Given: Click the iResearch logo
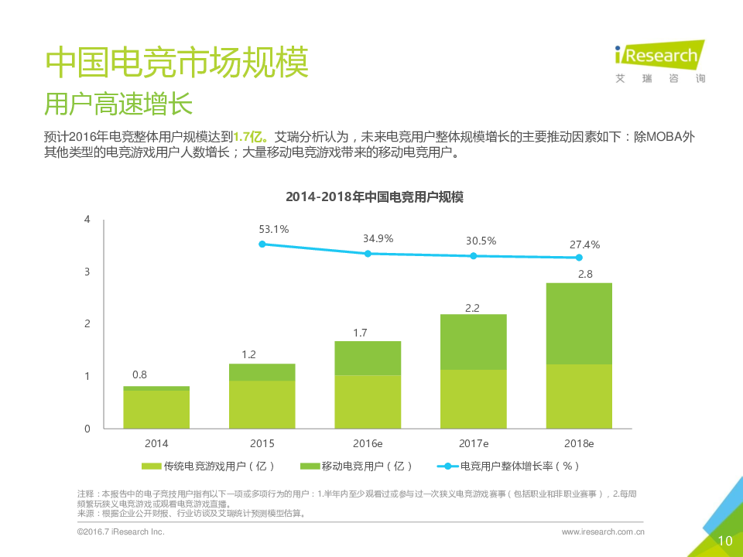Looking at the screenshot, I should coord(659,60).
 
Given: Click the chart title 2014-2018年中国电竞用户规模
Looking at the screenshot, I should coord(375,196).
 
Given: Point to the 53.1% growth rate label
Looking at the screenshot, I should coord(273,229).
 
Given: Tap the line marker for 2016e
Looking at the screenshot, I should coord(368,254).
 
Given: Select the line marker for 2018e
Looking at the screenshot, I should coord(579,258).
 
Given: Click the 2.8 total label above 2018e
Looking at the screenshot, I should coord(585,274).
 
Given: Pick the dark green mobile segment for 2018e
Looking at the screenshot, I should coord(579,323).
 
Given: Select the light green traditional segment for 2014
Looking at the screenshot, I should coord(156,409).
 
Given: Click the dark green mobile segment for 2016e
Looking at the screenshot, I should coord(368,358).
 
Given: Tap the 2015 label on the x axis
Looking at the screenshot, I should coord(262,444).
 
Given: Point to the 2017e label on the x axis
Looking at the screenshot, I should coord(474,444).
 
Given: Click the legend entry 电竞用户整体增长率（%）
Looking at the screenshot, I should coord(511,466).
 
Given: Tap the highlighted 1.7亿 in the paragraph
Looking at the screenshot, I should coord(250,136).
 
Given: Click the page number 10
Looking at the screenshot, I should coord(725,541).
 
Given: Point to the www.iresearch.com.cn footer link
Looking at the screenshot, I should coord(604,532).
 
